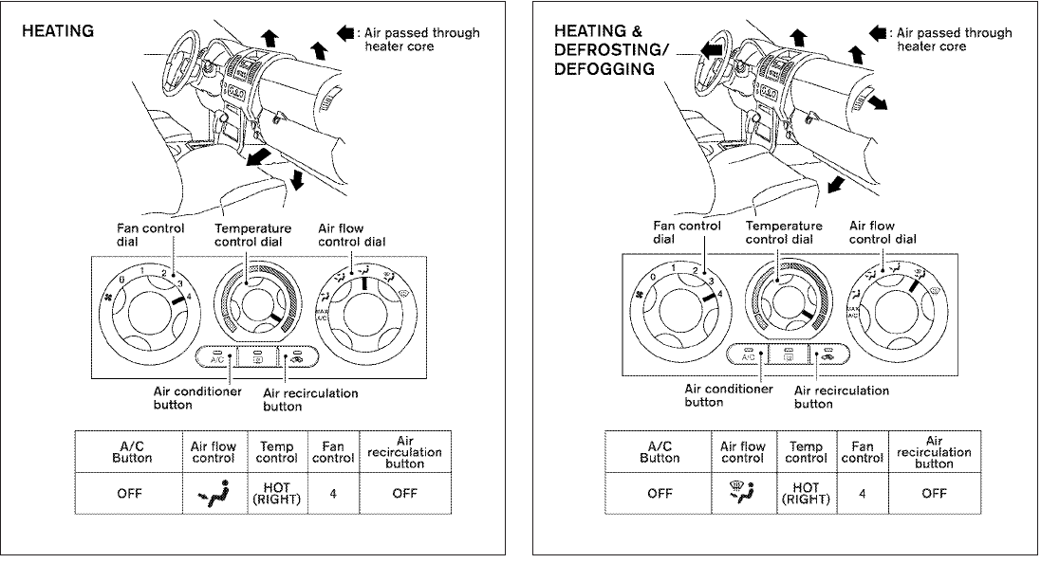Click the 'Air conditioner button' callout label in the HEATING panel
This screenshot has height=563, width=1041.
(x=197, y=398)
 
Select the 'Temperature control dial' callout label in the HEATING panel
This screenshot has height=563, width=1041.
(x=252, y=234)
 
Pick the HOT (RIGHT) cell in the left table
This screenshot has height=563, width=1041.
(x=275, y=495)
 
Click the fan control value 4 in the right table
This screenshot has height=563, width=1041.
(x=862, y=494)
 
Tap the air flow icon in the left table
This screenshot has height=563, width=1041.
(x=213, y=494)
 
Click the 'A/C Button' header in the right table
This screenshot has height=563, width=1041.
(x=660, y=451)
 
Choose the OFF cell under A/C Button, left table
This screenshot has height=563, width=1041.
(x=129, y=494)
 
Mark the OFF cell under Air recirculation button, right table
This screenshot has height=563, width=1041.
(x=935, y=494)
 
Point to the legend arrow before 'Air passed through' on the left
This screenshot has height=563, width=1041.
(x=345, y=33)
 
